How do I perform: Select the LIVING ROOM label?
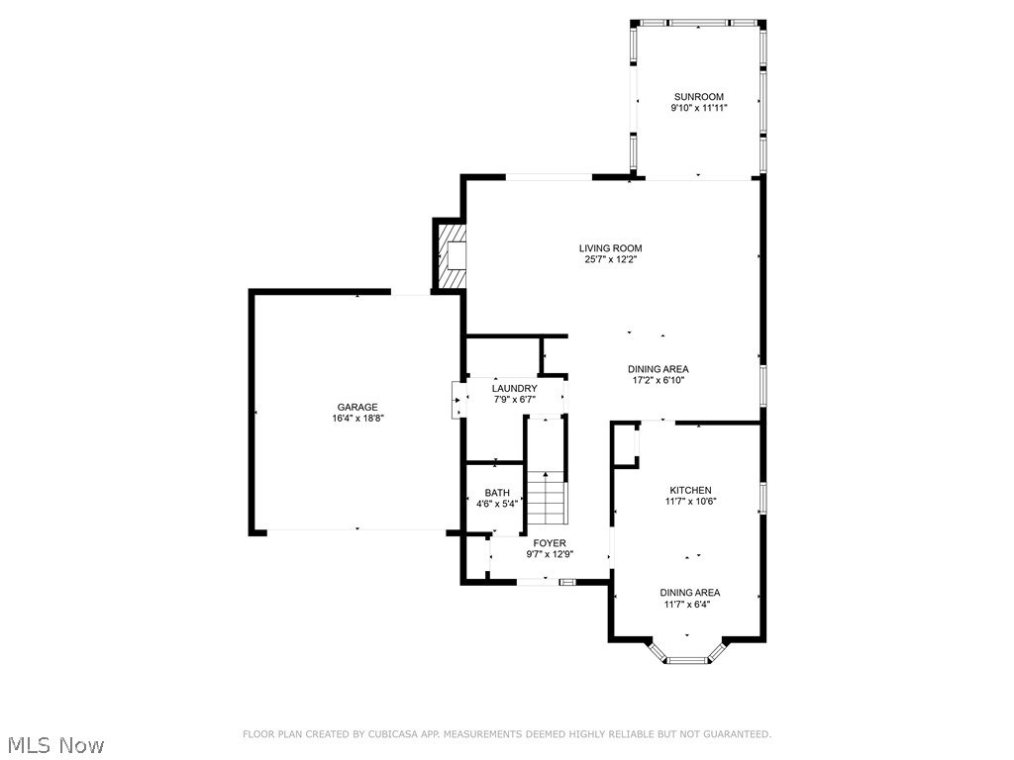click(611, 248)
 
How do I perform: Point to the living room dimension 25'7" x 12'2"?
click(611, 260)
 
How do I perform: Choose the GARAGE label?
click(357, 407)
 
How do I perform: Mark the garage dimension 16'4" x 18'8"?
click(357, 419)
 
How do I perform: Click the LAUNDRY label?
click(515, 388)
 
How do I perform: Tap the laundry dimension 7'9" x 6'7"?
click(515, 400)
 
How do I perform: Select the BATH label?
click(497, 493)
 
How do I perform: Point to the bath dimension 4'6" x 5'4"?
click(497, 504)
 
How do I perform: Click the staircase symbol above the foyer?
click(546, 500)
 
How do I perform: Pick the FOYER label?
click(550, 543)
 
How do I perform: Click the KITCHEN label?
click(690, 490)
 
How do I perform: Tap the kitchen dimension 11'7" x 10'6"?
click(690, 501)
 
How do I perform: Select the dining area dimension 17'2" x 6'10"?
click(658, 380)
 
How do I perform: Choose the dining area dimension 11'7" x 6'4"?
click(690, 604)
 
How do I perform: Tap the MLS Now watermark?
click(54, 744)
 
